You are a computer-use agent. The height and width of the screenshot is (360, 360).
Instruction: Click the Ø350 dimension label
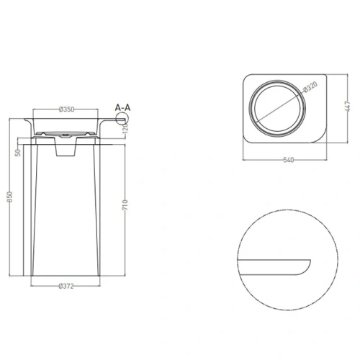pyautogui.click(x=66, y=109)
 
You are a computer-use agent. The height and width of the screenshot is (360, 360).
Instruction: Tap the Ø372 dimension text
pyautogui.click(x=66, y=286)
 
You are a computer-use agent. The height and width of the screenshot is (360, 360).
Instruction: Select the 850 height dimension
pyautogui.click(x=10, y=197)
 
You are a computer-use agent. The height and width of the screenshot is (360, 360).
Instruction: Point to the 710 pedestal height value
pyautogui.click(x=125, y=204)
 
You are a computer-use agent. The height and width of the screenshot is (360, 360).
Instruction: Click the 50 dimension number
pyautogui.click(x=18, y=153)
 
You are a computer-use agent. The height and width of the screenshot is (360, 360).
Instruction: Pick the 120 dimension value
pyautogui.click(x=126, y=128)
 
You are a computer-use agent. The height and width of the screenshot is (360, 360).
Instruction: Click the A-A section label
pyautogui.click(x=122, y=108)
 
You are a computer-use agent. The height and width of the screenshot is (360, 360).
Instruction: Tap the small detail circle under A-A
pyautogui.click(x=122, y=119)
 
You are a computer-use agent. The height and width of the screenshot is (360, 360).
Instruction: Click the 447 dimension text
pyautogui.click(x=348, y=107)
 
